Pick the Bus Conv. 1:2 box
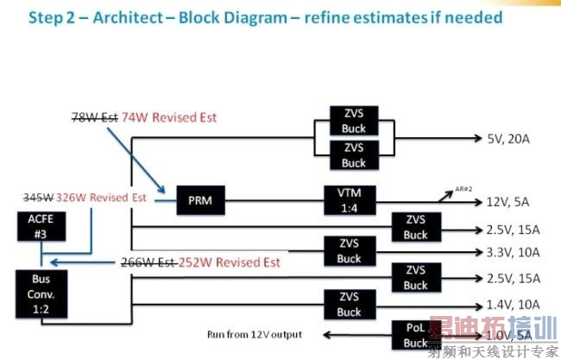click(x=40, y=293)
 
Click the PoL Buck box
click(x=415, y=334)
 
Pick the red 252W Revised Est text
click(x=229, y=262)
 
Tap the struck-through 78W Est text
click(x=93, y=116)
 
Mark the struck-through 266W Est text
click(x=148, y=262)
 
